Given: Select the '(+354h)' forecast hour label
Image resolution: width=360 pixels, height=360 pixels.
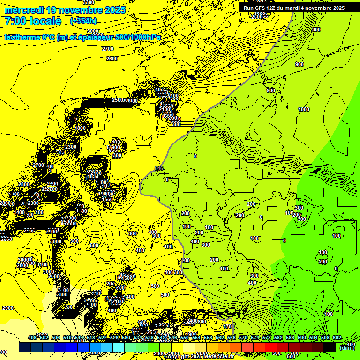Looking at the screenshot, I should click(83, 21).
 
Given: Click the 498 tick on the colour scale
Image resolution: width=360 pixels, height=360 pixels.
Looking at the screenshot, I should click(32, 337).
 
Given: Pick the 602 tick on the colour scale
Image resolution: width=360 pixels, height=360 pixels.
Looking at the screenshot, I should click(337, 337).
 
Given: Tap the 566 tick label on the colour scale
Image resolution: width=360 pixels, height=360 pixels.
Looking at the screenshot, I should click(232, 337).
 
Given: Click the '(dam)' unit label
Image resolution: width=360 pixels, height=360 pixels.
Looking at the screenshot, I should click(346, 347).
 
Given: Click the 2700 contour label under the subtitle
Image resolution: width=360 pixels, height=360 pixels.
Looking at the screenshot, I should click(108, 49).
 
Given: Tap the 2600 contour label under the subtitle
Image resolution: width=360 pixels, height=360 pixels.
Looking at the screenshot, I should click(112, 59).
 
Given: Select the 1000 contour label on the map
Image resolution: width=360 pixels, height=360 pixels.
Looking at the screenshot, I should click(304, 109).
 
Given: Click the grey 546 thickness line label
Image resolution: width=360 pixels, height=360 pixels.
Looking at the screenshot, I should click(159, 168).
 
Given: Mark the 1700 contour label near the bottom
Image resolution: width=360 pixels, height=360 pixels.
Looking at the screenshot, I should click(229, 326).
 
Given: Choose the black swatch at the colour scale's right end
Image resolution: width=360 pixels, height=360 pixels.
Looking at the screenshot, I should click(329, 347).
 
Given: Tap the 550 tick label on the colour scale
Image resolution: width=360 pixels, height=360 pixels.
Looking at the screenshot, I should click(185, 337).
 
